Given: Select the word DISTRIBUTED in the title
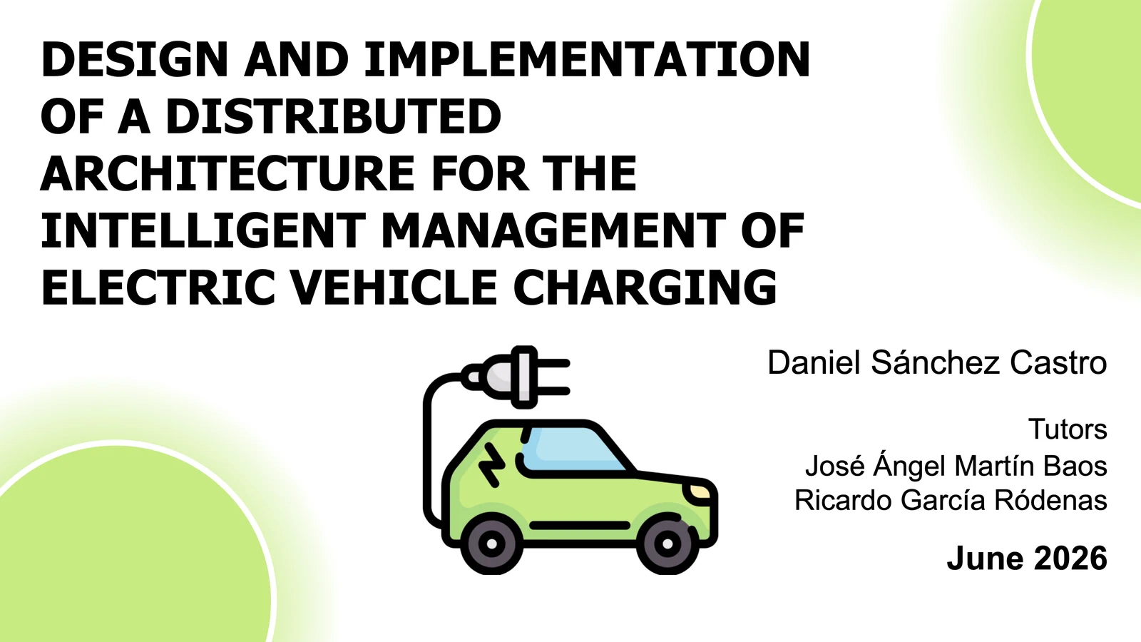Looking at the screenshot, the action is [334, 116].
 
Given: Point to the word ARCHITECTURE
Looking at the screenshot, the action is [227, 173].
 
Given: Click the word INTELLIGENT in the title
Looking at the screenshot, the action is [204, 230].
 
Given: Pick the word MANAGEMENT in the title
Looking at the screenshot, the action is [553, 230].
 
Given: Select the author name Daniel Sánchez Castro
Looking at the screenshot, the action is [937, 363].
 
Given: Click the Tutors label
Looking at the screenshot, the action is [1068, 429].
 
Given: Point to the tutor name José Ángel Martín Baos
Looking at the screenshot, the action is [956, 466].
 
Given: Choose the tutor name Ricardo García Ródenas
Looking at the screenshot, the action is [951, 500].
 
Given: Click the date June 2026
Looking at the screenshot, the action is [1027, 558].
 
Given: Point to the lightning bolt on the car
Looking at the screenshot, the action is [491, 464].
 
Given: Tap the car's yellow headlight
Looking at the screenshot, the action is [697, 491].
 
